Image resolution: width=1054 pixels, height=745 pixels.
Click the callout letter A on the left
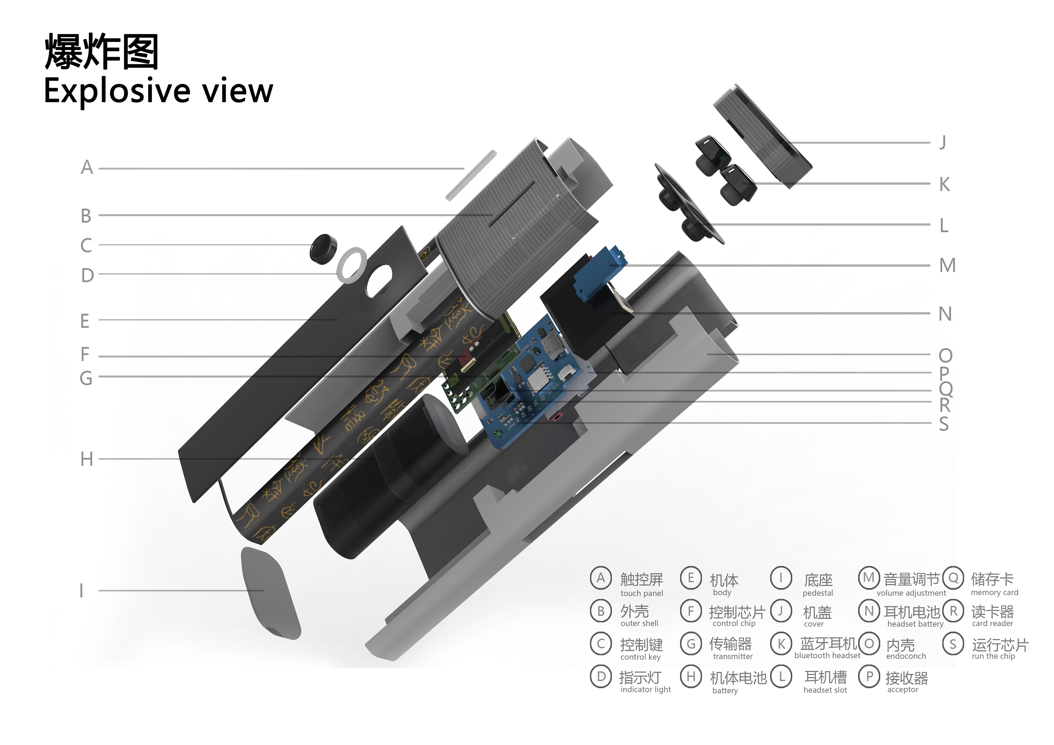tap(87, 168)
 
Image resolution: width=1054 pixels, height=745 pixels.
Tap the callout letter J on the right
tap(943, 142)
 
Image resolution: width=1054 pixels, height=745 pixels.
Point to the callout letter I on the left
tap(82, 590)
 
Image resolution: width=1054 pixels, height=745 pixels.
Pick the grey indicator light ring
tap(352, 265)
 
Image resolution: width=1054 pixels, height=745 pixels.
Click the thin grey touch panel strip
tap(471, 175)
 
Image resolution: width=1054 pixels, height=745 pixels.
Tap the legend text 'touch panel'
tap(641, 594)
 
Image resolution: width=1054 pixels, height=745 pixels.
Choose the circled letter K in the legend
tap(781, 644)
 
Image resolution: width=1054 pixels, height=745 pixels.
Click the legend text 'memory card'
tap(994, 593)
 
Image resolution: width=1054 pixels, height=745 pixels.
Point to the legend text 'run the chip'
tap(993, 656)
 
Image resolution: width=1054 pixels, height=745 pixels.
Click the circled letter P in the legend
tap(869, 677)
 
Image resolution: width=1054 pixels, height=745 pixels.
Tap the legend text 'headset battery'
tap(915, 624)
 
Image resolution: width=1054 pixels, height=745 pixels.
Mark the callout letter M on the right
tap(947, 265)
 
